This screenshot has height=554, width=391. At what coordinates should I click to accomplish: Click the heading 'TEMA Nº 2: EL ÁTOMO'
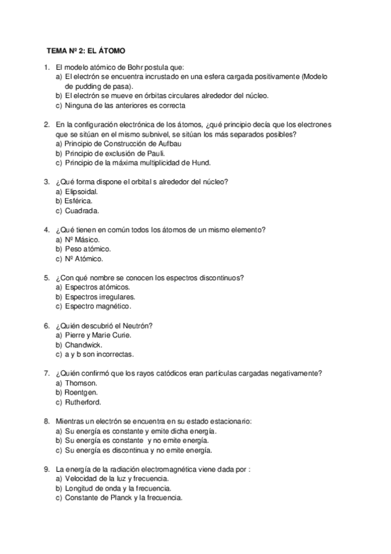point(86,50)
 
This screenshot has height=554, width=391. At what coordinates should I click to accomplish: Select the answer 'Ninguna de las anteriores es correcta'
point(125,105)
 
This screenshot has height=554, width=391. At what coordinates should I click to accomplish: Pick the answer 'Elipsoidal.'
point(82,191)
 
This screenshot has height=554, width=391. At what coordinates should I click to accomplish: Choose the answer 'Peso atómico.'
point(88,249)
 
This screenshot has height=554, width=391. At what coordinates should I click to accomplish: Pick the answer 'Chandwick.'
point(85,344)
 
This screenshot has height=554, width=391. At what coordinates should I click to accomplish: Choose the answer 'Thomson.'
point(81,383)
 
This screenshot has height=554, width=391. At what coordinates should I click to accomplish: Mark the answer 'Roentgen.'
point(81,392)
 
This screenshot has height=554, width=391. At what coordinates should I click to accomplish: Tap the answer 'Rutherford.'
point(83,402)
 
